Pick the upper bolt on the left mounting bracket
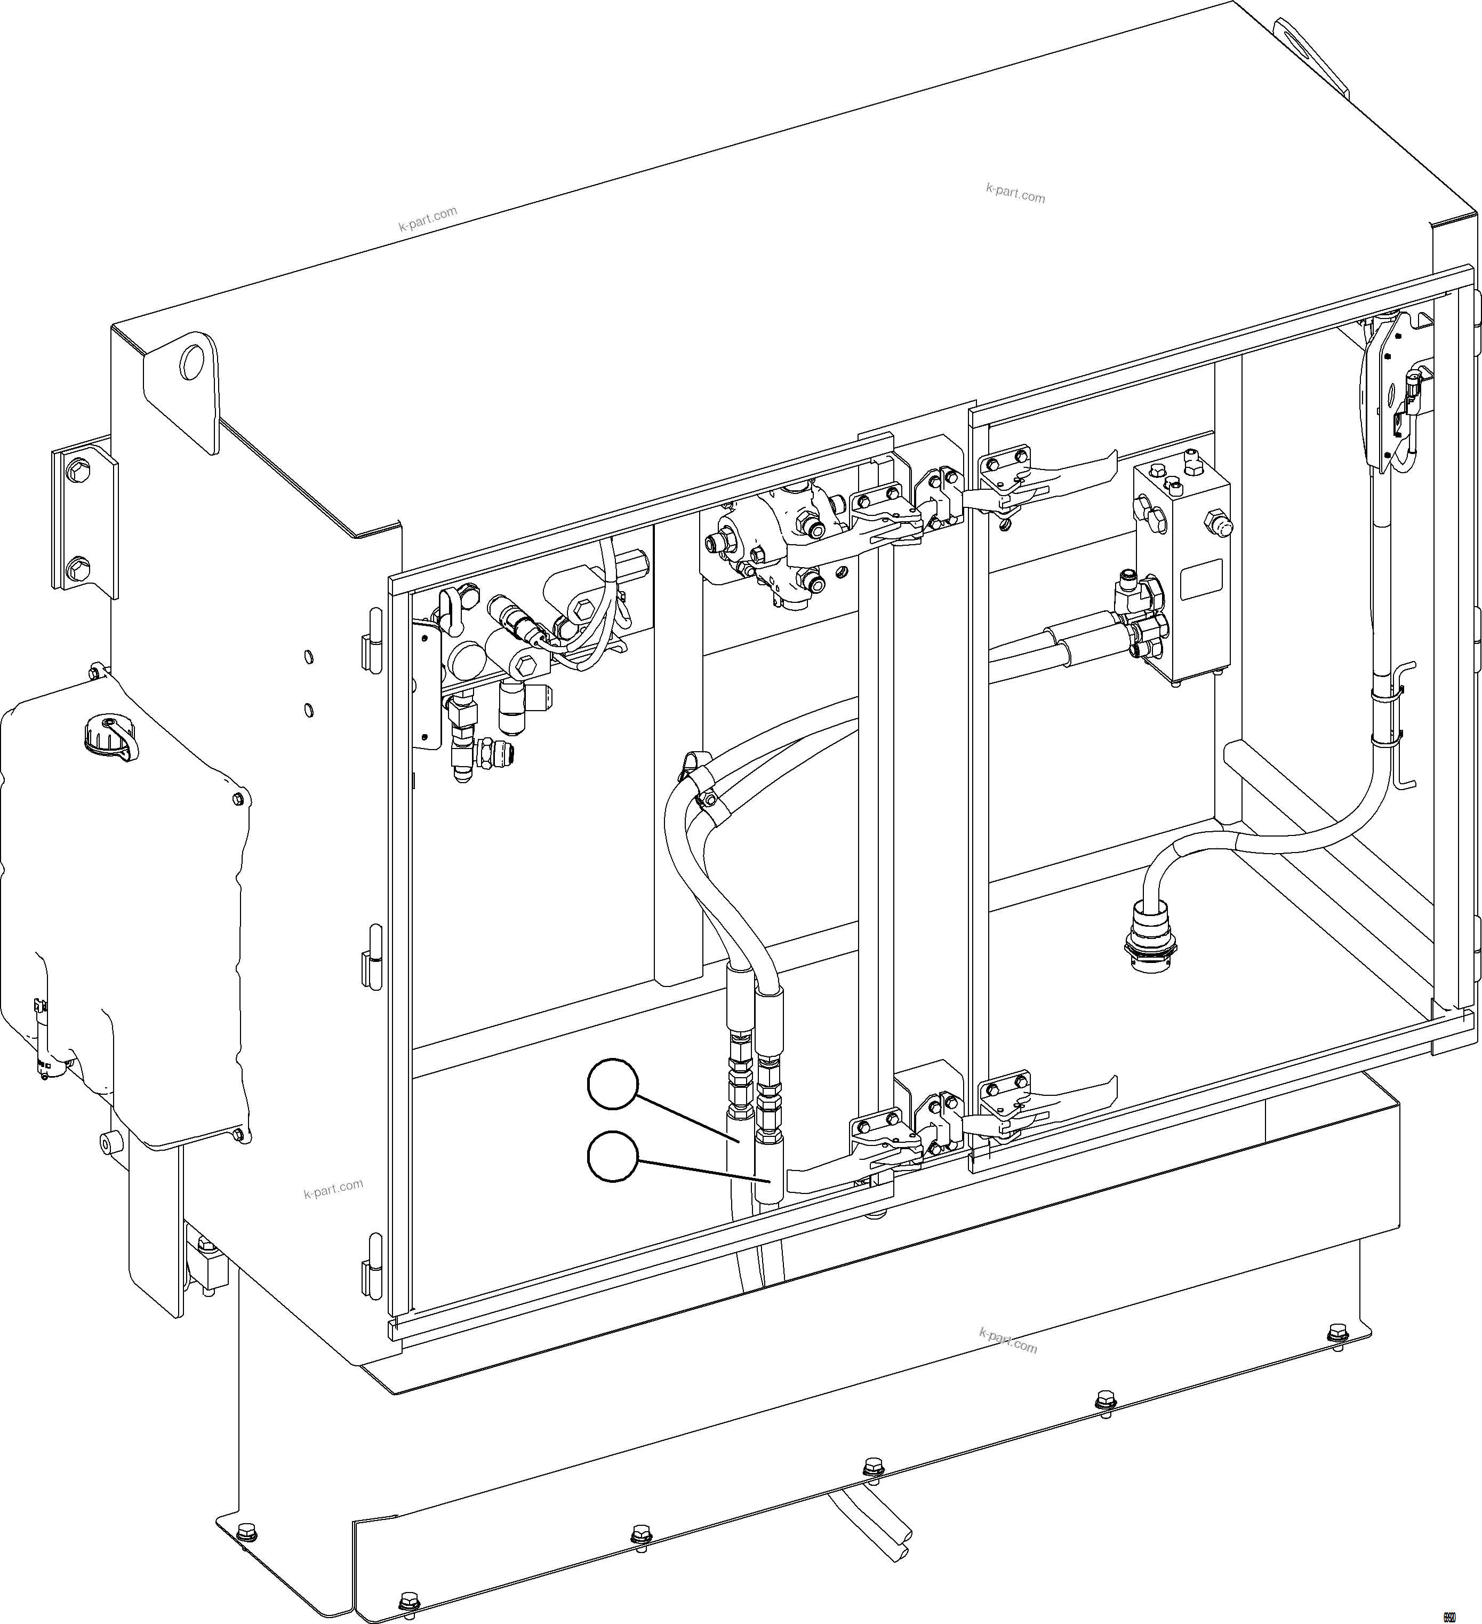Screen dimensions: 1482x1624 tap(79, 471)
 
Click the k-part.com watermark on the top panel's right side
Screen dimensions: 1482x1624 tap(1015, 193)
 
